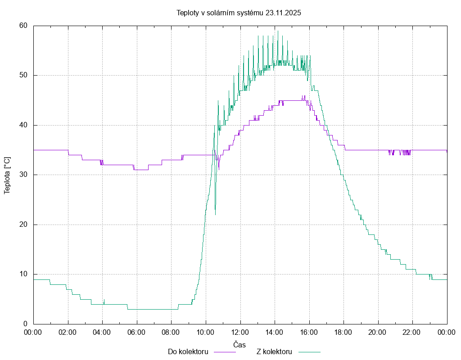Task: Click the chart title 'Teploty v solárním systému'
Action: coord(220,13)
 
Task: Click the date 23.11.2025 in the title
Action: coord(283,13)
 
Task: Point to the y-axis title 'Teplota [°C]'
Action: coord(7,175)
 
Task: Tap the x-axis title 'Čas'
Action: coord(240,345)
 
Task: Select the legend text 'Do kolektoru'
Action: coord(188,352)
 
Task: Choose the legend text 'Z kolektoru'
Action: coord(274,352)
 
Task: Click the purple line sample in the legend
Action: coord(224,352)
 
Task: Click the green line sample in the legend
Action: coord(308,352)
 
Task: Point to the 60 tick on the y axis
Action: coord(24,26)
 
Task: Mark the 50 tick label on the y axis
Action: coord(24,75)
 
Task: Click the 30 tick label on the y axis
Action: coord(24,175)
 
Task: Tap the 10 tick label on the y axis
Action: coord(24,274)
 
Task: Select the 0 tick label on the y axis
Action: coord(26,324)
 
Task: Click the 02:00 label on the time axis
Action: coord(68,332)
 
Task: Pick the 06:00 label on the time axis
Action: coord(137,332)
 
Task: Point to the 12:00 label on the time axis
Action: coord(240,332)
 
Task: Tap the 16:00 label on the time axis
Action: coord(309,332)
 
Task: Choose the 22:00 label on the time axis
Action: coord(412,332)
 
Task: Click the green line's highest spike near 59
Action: coord(278,31)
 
